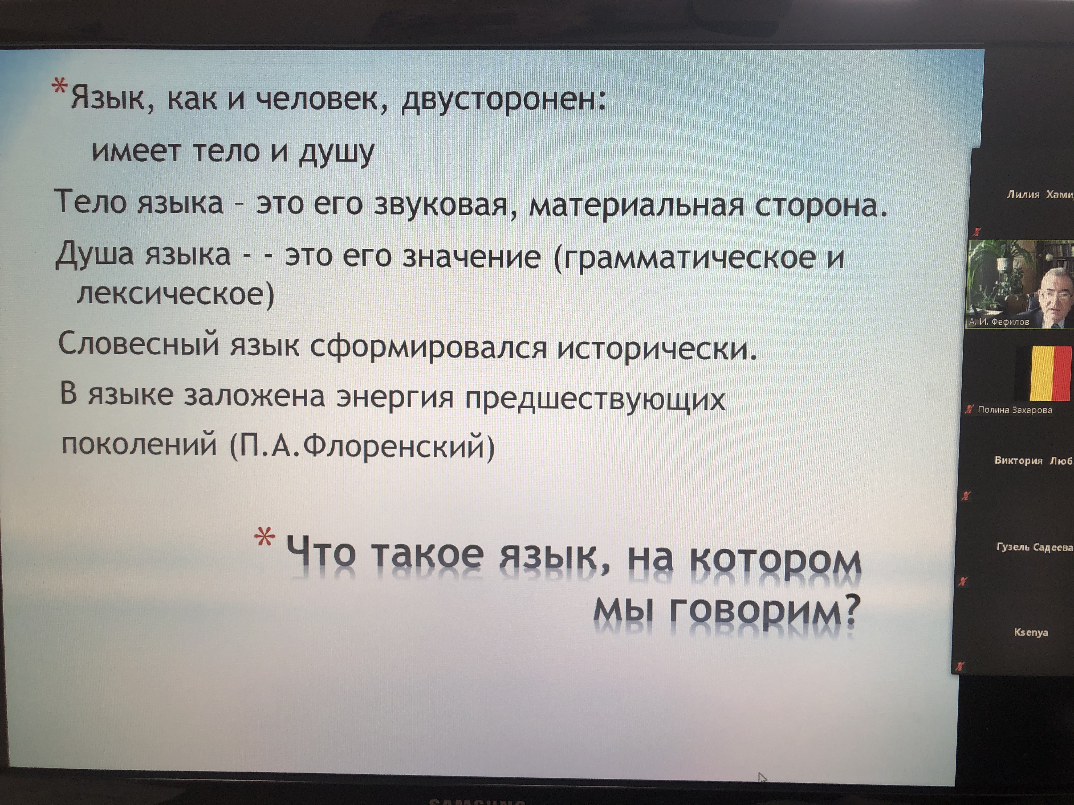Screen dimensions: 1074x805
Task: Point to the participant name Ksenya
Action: [1031, 632]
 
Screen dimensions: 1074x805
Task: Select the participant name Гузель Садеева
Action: [1035, 547]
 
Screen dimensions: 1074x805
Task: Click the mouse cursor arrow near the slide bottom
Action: [762, 778]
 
